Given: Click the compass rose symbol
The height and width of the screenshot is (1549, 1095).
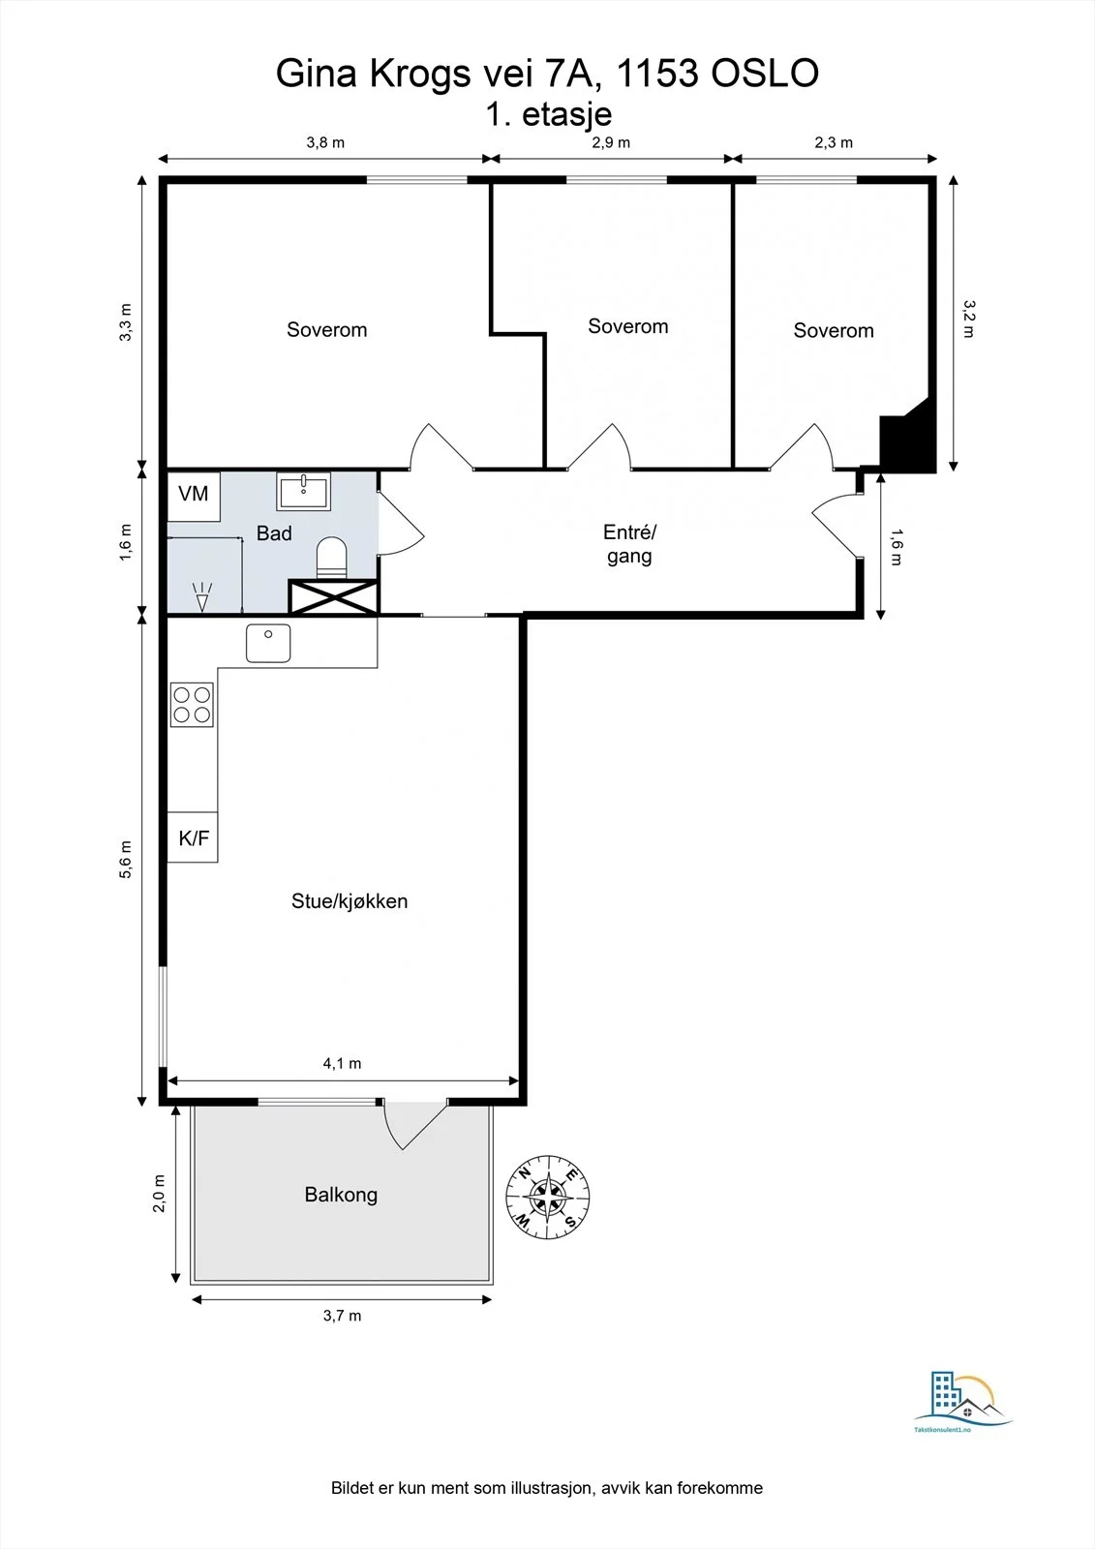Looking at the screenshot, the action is (548, 1197).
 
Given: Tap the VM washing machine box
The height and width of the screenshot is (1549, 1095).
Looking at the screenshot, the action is (194, 497).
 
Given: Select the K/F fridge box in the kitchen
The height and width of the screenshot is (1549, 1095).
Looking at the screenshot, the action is (193, 836).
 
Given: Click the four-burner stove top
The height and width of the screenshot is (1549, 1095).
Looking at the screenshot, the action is (192, 705).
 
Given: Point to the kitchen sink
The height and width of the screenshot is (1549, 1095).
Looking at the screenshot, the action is (268, 643).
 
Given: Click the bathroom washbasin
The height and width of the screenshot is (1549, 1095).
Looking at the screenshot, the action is (303, 491).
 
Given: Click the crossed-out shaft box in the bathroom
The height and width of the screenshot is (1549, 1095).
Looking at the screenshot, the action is (333, 596).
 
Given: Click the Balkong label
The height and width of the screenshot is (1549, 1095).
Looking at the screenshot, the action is (341, 1195).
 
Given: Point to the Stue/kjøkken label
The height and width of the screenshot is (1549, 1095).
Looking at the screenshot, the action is (350, 901).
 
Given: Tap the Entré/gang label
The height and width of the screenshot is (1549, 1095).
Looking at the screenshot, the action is (629, 544).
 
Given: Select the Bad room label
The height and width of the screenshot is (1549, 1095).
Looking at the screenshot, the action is (274, 533).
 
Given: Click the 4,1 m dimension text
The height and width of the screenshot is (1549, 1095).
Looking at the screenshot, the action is (343, 1064).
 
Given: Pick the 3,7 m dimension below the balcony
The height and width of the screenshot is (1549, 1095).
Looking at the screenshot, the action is (343, 1316).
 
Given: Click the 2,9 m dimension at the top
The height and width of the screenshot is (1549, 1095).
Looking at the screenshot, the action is (611, 142).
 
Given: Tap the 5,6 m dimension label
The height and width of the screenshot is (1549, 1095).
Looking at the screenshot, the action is (125, 860).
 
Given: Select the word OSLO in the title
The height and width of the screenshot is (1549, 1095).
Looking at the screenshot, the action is (765, 74).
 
